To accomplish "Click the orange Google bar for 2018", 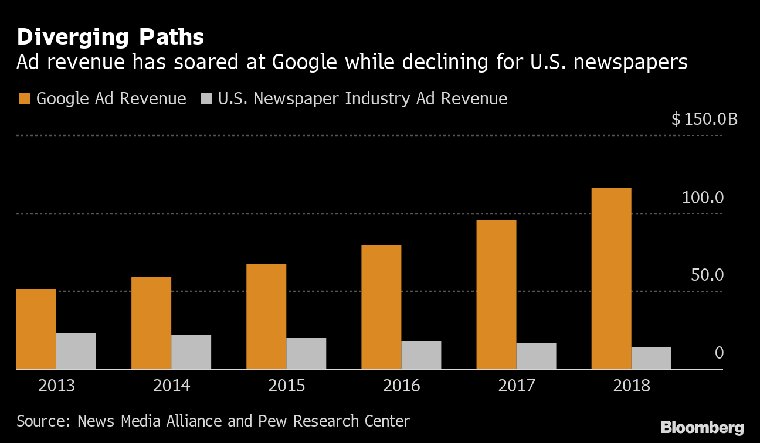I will tap(611, 278).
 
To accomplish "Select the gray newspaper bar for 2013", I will tap(76, 351).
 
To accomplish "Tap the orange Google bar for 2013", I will tap(36, 329).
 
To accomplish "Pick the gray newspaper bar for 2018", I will tap(651, 358).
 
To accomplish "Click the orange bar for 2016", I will tap(381, 307).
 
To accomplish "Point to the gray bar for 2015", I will tap(306, 353).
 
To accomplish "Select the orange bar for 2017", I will tap(496, 295).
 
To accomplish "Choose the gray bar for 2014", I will tap(191, 352).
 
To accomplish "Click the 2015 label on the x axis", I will tap(287, 386).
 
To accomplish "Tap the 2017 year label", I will tap(517, 386).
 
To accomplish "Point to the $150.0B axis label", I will tap(704, 120).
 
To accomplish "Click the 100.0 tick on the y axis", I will tap(703, 197).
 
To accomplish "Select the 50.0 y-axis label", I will tap(707, 275).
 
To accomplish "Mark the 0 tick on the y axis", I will tap(719, 353).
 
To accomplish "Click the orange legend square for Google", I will tap(24, 98).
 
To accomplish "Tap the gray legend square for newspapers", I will tap(206, 98).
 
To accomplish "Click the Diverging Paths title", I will tap(110, 38).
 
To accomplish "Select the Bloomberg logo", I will tap(702, 428).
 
